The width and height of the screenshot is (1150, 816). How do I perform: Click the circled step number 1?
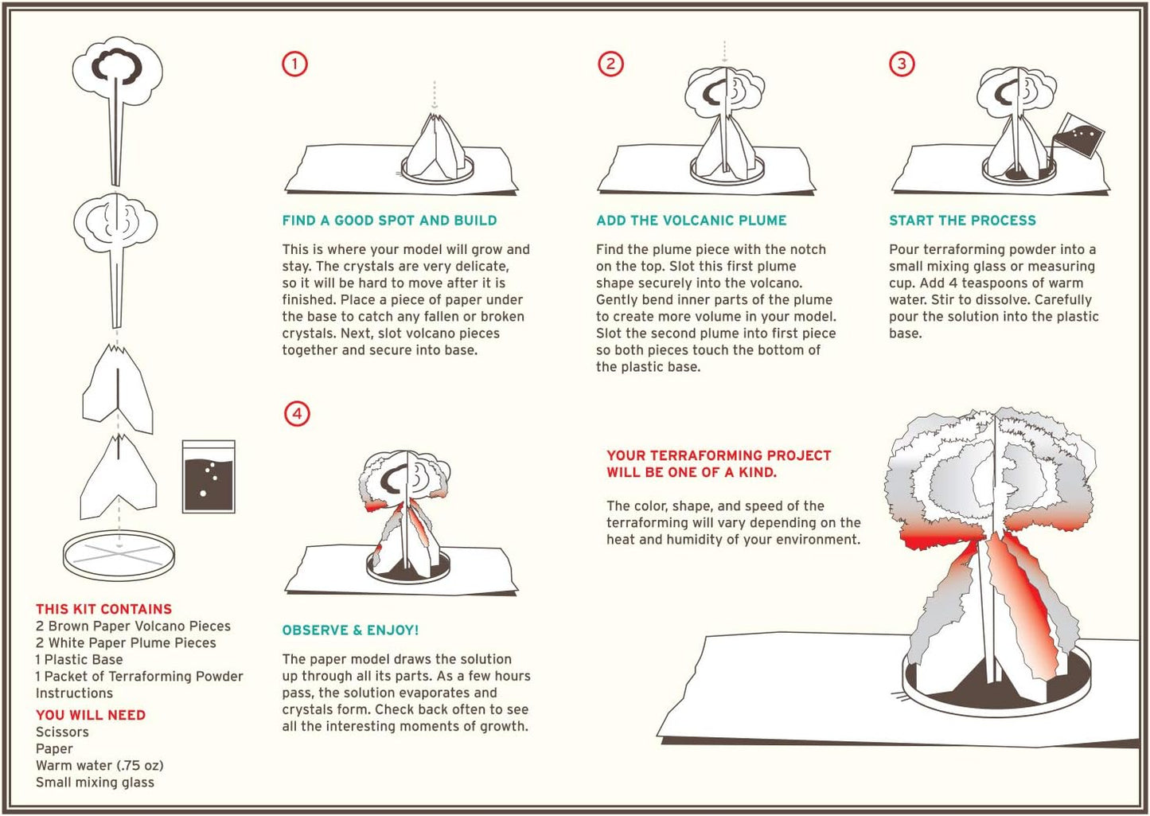pos(294,64)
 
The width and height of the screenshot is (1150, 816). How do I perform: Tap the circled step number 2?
pos(610,64)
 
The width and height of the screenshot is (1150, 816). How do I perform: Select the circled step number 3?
pos(902,64)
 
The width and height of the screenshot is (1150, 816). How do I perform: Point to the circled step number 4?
pos(298,414)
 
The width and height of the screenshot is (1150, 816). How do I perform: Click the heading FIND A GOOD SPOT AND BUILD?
pos(390,221)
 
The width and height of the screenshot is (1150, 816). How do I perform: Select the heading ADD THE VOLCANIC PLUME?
pos(692,221)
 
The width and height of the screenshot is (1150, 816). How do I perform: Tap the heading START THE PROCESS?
pos(963,221)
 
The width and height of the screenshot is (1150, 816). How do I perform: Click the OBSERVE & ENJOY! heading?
pos(351,630)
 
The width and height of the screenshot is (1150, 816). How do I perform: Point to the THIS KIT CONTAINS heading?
pos(103,609)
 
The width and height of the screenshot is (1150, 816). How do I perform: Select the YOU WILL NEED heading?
pos(91,715)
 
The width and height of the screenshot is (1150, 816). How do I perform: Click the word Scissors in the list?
pos(62,732)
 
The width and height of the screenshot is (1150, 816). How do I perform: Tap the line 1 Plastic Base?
pos(79,659)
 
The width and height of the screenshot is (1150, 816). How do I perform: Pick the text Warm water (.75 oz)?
pos(99,766)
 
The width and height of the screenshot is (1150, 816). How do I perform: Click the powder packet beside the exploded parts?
pos(209,477)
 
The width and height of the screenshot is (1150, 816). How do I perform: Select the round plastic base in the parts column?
pos(119,556)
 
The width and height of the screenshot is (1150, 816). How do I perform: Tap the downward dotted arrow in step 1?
pos(435,95)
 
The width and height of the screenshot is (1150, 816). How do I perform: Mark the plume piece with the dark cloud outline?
pos(117,111)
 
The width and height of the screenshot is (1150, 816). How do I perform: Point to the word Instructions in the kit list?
pos(74,693)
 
